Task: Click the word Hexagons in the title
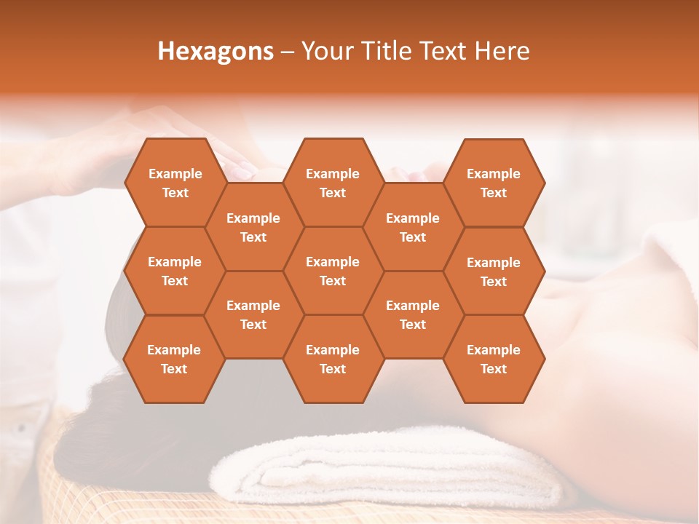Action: tap(216, 51)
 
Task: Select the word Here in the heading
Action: tap(502, 51)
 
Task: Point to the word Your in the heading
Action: tap(327, 51)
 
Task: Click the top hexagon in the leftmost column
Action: tap(175, 183)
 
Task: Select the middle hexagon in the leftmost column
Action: tap(175, 271)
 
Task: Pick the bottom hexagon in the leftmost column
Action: tap(174, 359)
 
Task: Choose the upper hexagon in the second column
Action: tap(253, 227)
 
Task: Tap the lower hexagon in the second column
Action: tap(253, 314)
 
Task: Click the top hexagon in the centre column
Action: tap(333, 183)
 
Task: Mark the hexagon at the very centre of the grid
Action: tap(333, 271)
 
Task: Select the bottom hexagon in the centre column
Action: tap(333, 359)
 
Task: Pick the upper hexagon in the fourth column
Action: tap(413, 227)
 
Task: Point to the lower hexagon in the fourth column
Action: tap(413, 314)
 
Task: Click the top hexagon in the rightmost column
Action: tap(494, 183)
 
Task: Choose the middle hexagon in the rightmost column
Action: tap(494, 271)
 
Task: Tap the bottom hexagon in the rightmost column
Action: tap(494, 359)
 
